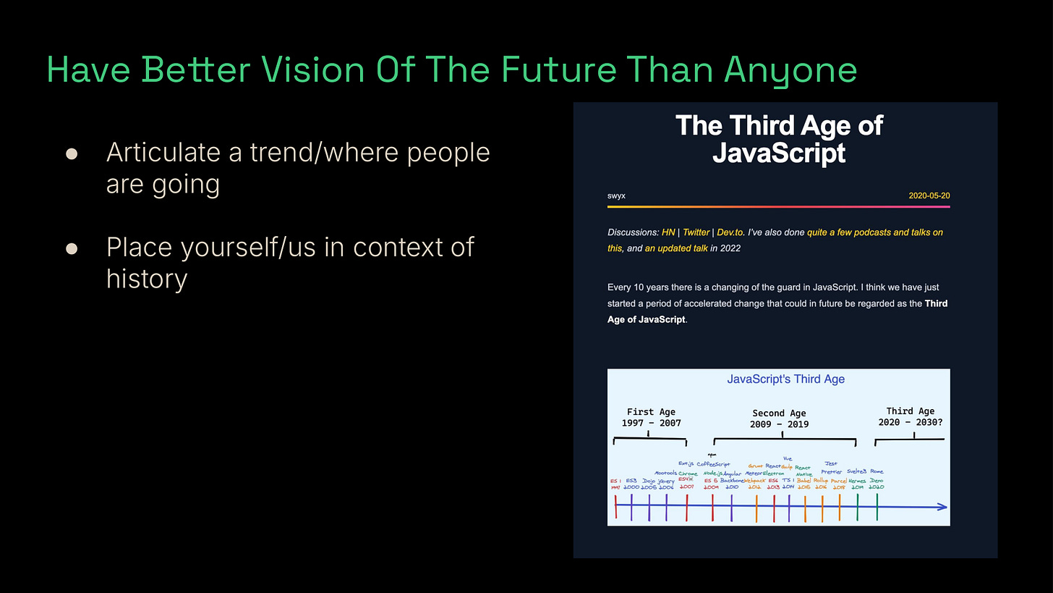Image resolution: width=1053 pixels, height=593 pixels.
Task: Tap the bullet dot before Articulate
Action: click(x=72, y=153)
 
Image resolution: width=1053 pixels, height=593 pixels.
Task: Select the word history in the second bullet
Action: click(x=146, y=278)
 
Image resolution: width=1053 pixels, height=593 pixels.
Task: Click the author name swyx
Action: click(x=616, y=195)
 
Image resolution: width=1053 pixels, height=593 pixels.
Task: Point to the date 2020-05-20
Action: click(x=929, y=195)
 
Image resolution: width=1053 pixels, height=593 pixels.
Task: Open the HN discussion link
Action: click(x=668, y=232)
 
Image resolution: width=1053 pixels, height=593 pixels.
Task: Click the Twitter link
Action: click(x=696, y=232)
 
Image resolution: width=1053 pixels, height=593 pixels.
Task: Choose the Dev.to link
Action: click(x=731, y=232)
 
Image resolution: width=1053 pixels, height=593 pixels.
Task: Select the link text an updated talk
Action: click(x=676, y=248)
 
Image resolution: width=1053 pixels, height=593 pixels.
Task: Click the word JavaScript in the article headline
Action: click(x=779, y=153)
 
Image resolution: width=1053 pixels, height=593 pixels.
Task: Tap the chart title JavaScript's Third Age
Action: click(x=785, y=379)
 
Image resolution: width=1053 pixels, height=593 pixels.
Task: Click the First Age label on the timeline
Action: click(x=651, y=411)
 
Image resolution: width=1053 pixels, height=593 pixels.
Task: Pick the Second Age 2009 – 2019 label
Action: click(x=779, y=419)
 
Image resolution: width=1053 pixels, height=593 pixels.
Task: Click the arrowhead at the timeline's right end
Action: click(x=942, y=507)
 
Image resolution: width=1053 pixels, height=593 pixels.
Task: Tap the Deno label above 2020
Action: click(x=877, y=481)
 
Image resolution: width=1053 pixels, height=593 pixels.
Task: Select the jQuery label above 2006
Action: click(x=665, y=481)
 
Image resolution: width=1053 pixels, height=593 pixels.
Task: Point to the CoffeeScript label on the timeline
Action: click(x=714, y=464)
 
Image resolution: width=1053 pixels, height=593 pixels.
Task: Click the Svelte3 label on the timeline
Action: click(x=856, y=471)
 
